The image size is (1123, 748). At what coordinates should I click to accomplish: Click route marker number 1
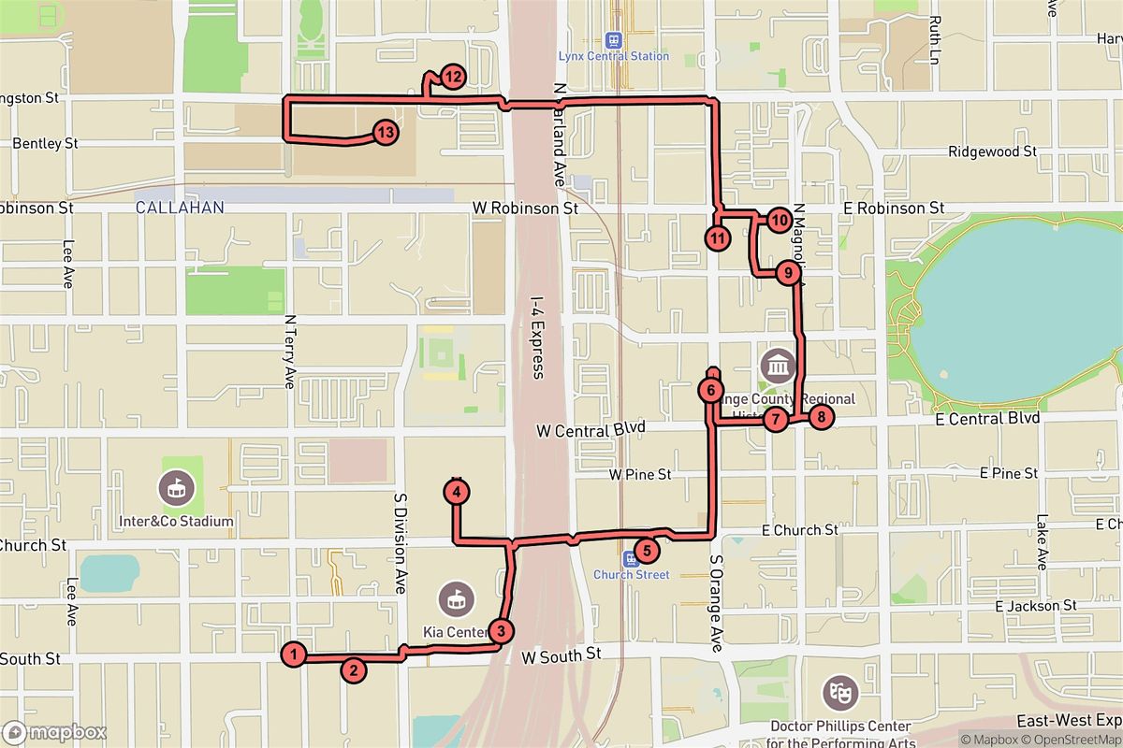294,654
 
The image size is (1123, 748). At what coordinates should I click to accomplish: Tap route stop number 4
456,491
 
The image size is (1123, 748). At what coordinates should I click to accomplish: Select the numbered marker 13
385,133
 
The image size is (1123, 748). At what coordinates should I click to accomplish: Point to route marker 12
452,78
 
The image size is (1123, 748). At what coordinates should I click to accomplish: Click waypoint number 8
820,417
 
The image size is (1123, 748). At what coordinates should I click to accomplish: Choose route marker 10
780,221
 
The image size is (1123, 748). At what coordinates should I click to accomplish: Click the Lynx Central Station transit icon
614,40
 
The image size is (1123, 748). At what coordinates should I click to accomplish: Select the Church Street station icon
632,558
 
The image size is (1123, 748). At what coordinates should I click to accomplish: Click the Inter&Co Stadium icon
175,486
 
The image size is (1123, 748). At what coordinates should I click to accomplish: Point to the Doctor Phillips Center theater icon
839,693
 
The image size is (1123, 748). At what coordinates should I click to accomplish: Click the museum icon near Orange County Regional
778,363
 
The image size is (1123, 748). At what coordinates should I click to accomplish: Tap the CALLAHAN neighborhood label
180,208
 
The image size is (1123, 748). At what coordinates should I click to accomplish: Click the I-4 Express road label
536,338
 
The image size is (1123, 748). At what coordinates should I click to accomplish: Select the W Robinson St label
525,208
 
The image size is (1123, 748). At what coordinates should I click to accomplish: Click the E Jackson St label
1035,606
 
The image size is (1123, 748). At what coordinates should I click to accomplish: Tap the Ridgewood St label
992,151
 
